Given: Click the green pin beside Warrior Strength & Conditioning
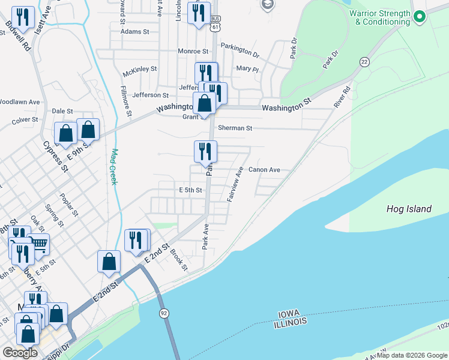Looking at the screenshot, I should tap(420, 17).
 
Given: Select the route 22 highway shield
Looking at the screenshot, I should tap(364, 62).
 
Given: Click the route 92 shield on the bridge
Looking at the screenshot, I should tap(163, 313).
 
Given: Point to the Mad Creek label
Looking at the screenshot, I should tap(114, 167).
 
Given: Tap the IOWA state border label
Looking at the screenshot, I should tap(292, 314).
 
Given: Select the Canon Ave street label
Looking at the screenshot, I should tap(264, 170).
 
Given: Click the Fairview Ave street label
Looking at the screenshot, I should tap(235, 184).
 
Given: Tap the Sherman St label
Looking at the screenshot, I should tap(235, 128).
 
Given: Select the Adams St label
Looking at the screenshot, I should tap(134, 31).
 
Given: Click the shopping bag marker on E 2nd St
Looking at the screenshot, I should tap(109, 262).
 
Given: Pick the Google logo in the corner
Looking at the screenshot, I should tap(20, 353).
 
